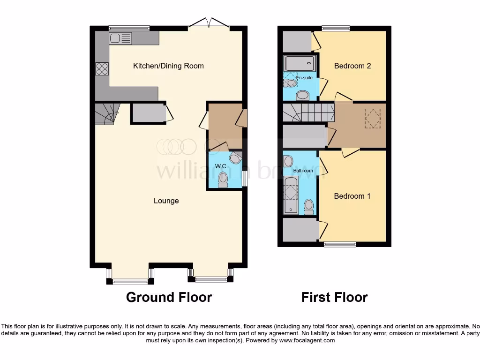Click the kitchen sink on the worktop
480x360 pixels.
(x=121, y=38)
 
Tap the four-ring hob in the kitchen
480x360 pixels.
(x=102, y=69)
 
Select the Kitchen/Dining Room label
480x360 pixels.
(x=168, y=66)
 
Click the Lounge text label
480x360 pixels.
(x=166, y=201)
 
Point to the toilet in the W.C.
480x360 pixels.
(x=223, y=179)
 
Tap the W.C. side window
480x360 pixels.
(x=244, y=178)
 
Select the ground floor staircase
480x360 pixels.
(x=106, y=113)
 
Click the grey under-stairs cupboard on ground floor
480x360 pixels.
(x=147, y=113)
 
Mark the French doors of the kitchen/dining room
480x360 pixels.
(x=210, y=23)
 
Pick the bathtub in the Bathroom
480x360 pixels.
(x=291, y=198)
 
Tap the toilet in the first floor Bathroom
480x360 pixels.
(x=308, y=206)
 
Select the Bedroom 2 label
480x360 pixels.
(x=352, y=66)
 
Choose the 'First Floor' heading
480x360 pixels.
(x=334, y=297)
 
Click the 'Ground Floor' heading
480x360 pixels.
(x=169, y=297)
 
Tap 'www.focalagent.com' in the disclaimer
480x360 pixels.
(x=307, y=340)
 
